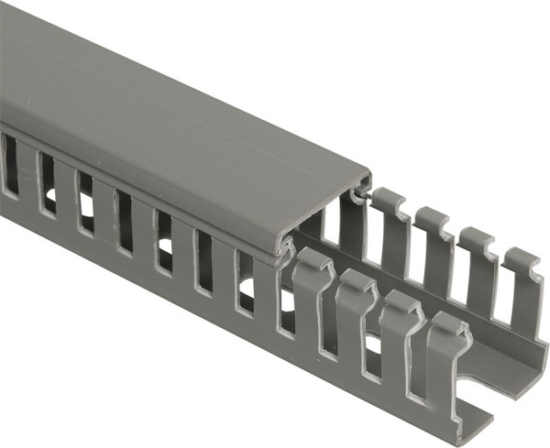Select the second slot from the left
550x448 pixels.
tap(46, 183)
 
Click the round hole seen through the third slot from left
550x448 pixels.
tap(86, 220)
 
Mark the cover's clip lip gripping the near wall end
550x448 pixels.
tap(284, 246)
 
